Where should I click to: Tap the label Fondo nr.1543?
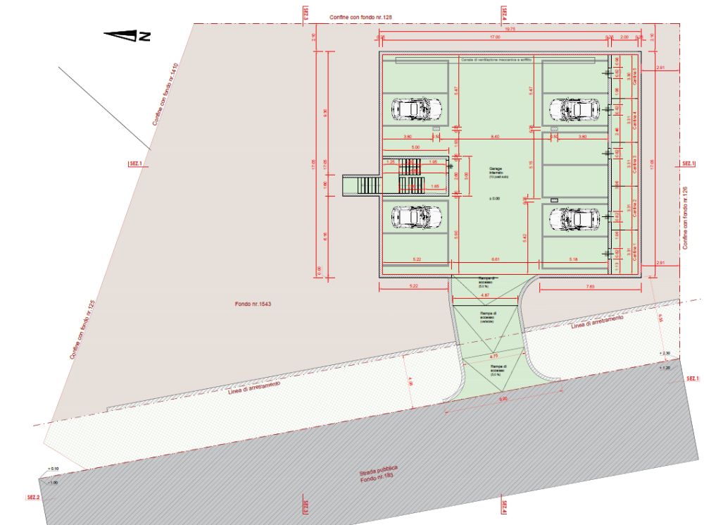coord(253,304)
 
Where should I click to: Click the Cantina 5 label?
coord(634,76)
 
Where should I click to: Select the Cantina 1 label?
coord(634,249)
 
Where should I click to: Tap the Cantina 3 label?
coord(634,163)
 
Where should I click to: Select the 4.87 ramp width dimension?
coord(485,295)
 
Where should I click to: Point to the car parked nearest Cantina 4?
coord(574,109)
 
